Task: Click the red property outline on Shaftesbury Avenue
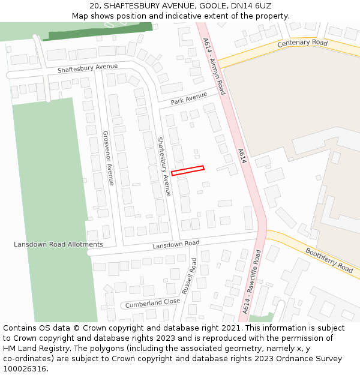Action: coord(188,170)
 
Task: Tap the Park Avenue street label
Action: coord(188,98)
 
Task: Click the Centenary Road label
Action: coord(302,43)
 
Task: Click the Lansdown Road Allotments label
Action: coord(58,245)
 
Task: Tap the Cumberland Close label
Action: coord(152,304)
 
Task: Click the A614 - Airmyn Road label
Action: coord(214,65)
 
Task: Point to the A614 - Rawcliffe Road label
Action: coord(252,282)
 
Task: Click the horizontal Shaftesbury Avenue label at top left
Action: coord(88,68)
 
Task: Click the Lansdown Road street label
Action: coord(175,245)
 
